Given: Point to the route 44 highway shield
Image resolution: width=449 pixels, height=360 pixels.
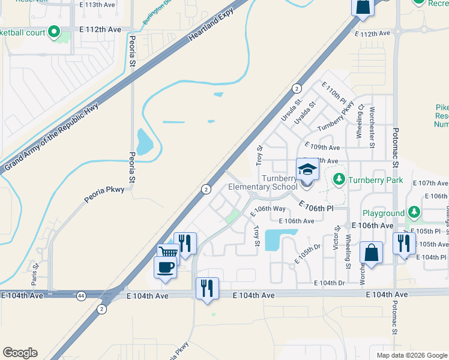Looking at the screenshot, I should [x=80, y=295].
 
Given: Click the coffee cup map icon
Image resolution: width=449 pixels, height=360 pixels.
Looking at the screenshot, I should [x=165, y=266].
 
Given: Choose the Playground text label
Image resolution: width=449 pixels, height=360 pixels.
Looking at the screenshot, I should [x=384, y=213].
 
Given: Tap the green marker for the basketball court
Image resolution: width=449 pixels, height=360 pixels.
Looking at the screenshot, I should [x=55, y=31].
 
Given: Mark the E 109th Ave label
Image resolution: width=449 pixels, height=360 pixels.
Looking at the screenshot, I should [x=322, y=147].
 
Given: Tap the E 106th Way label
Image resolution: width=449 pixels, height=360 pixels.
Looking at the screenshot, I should [x=268, y=209].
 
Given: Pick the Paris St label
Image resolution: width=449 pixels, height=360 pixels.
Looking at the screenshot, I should [x=35, y=273].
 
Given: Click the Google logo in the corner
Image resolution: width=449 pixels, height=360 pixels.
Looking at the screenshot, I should [x=20, y=353].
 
